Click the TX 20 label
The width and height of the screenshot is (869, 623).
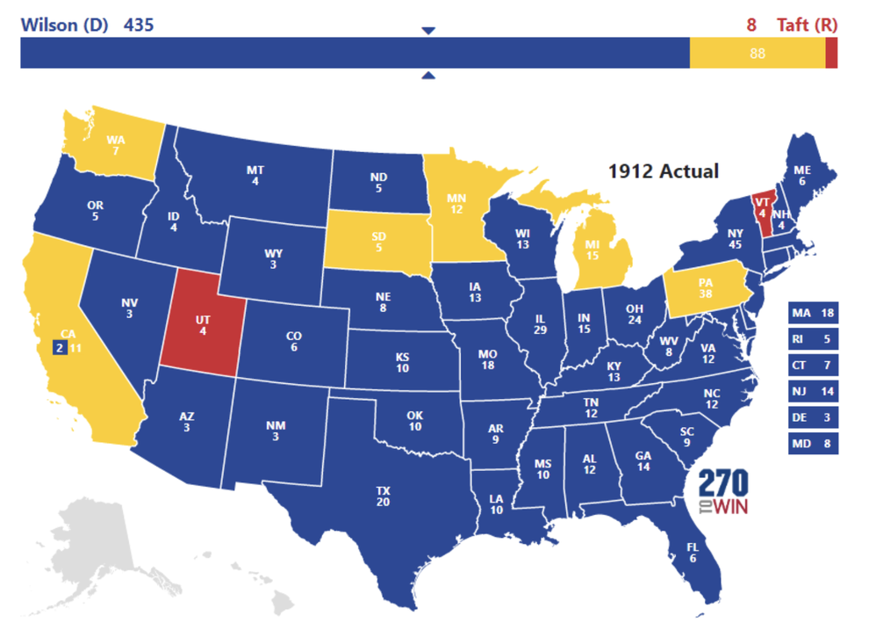(x=384, y=496)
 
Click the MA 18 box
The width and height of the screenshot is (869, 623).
(x=813, y=313)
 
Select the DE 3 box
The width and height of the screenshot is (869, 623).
(x=813, y=417)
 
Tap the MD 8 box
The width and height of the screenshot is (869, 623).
(x=813, y=444)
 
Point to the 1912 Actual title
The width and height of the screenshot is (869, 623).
(x=664, y=170)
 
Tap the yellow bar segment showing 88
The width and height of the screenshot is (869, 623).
(x=757, y=54)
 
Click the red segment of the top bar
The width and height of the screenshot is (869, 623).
(x=831, y=54)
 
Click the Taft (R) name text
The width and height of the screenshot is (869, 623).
(x=806, y=25)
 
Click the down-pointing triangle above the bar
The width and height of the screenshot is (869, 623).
(x=427, y=31)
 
